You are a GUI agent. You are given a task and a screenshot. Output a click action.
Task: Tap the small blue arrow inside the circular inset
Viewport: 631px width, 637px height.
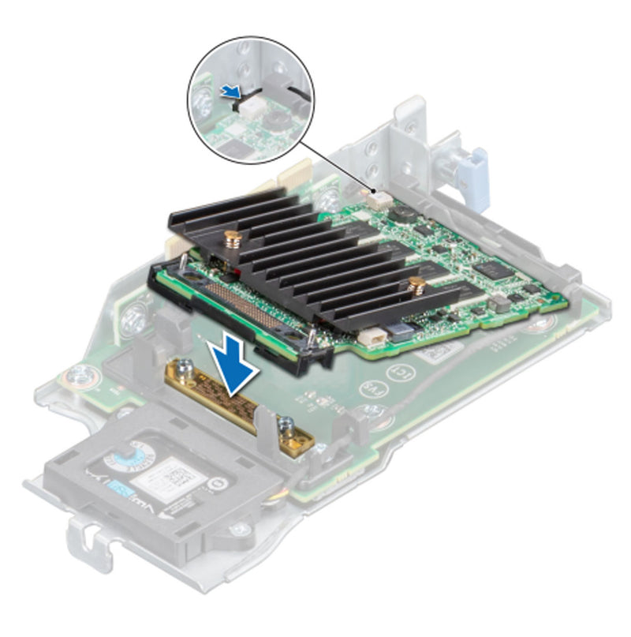click(x=230, y=93)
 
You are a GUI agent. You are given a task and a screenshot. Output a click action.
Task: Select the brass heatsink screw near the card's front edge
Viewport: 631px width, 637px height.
click(x=232, y=238)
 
